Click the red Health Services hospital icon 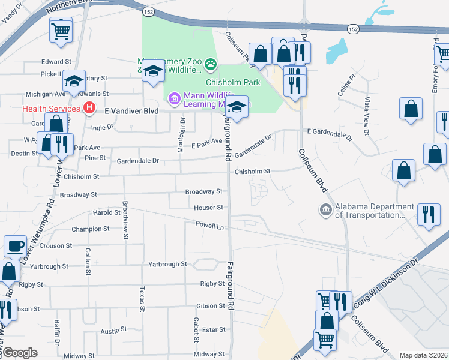[89, 108]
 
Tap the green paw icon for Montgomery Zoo [211, 63]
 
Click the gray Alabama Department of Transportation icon [325, 209]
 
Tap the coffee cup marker [15, 246]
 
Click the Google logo [20, 353]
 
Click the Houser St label [208, 208]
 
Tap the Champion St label [90, 229]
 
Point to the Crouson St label [55, 245]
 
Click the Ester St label [213, 329]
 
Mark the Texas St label [142, 298]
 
